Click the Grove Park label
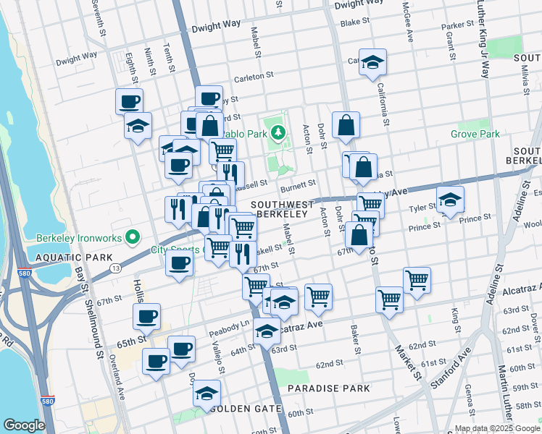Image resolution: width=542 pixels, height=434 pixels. coord(475,135)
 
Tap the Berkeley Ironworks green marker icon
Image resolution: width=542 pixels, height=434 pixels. coord(131,237)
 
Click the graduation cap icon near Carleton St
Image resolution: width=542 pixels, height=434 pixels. coord(372,63)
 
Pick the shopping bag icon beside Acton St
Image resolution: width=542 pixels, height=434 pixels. coord(346,124)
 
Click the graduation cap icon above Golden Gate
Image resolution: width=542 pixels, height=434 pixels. coord(207,394)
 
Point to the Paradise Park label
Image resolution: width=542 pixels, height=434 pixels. coord(328,388)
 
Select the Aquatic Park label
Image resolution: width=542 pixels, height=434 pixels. coord(70,258)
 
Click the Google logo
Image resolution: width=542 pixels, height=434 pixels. coord(24,425)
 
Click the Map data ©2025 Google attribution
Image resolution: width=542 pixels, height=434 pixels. coord(495,428)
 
